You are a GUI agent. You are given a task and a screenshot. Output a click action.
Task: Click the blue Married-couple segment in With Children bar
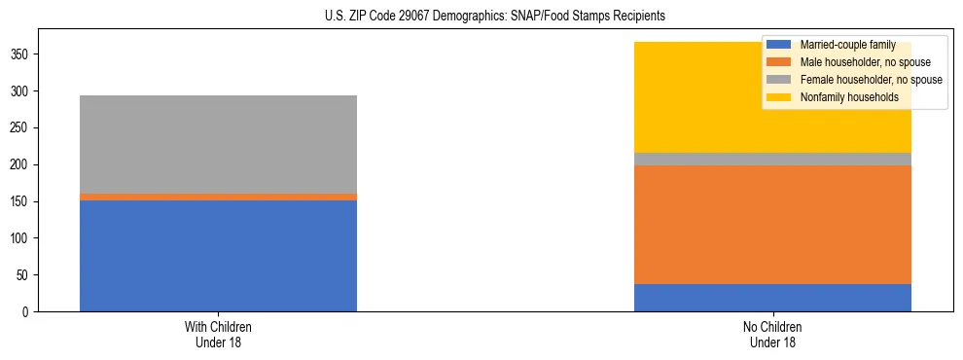pos(218,256)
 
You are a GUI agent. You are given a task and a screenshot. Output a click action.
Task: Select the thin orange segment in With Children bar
pos(218,197)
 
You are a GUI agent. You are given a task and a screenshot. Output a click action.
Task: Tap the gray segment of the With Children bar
pos(218,144)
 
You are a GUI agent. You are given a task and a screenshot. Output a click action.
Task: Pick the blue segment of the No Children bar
pos(772,298)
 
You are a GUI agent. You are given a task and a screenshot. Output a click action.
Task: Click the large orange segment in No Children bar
pos(772,225)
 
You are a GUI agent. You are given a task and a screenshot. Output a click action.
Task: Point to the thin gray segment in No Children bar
pos(772,159)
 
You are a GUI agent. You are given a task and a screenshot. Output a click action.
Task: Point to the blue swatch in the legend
pos(778,45)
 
